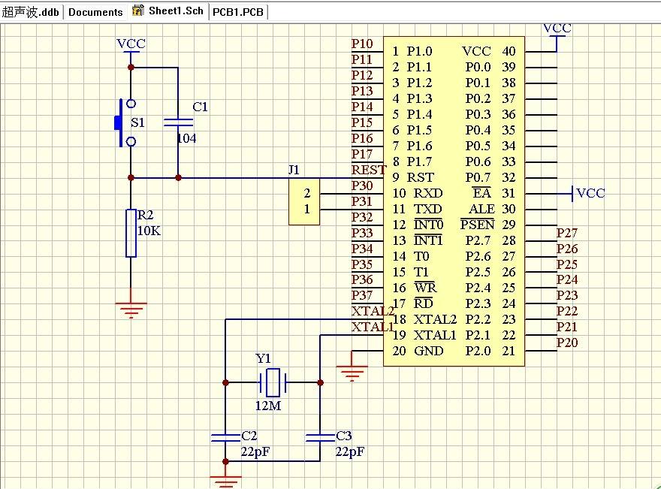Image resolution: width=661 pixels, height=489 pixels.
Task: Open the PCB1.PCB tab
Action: click(x=238, y=12)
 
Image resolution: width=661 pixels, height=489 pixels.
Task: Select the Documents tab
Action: click(x=95, y=12)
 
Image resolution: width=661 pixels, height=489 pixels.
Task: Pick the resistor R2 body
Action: click(x=131, y=233)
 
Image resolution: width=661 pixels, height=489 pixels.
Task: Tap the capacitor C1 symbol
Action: click(x=178, y=122)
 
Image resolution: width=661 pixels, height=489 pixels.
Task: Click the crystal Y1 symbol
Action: click(x=272, y=382)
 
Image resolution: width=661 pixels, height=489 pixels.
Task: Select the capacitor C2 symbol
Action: click(x=225, y=436)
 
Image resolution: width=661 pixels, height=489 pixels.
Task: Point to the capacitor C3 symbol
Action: click(x=320, y=436)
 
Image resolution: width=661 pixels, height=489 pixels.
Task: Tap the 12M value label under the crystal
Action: click(x=268, y=406)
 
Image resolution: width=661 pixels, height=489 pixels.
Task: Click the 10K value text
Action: click(x=149, y=231)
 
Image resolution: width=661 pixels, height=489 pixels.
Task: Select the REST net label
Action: click(x=368, y=171)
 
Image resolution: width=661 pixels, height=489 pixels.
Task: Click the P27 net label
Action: click(x=567, y=233)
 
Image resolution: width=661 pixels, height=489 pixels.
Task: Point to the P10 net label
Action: click(x=362, y=44)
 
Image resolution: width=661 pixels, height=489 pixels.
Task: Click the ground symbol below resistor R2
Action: click(x=131, y=309)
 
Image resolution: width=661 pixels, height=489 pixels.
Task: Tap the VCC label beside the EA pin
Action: click(x=590, y=193)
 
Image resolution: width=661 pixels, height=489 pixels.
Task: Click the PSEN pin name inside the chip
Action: click(x=478, y=225)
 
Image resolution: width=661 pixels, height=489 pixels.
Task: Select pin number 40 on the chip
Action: click(x=509, y=51)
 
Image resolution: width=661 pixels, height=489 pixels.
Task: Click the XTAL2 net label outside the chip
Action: click(x=372, y=312)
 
